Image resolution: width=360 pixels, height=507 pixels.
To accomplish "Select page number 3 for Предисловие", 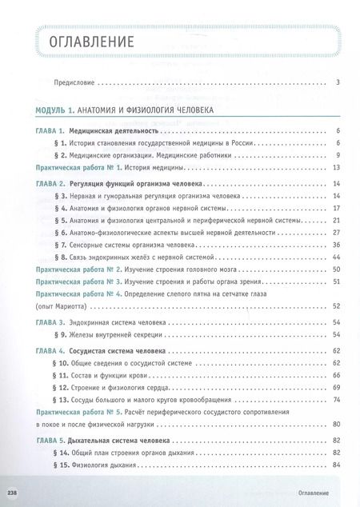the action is [339, 82].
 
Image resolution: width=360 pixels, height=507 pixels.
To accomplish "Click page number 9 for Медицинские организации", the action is [339, 154].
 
